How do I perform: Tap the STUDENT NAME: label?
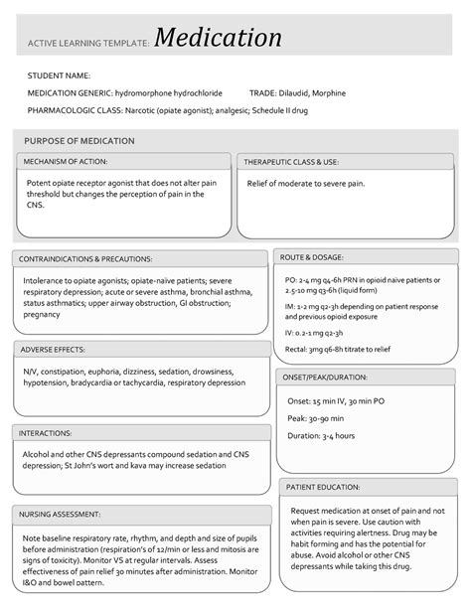point(59,76)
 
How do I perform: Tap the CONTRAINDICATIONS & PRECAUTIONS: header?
point(86,259)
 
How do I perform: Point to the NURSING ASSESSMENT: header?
point(63,514)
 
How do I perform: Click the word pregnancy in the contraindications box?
point(43,315)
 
